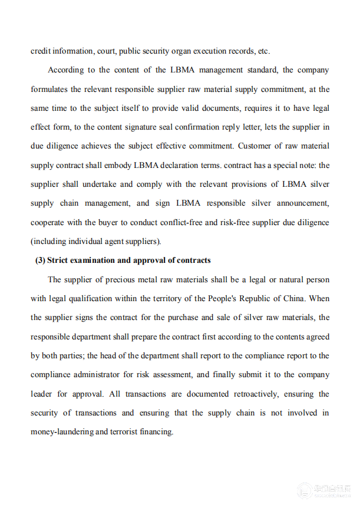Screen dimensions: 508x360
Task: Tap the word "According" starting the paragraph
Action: pos(65,70)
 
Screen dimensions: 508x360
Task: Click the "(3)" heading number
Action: pos(40,260)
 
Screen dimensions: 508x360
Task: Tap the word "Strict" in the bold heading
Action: pos(60,260)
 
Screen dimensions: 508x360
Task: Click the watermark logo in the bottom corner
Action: pos(304,491)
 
